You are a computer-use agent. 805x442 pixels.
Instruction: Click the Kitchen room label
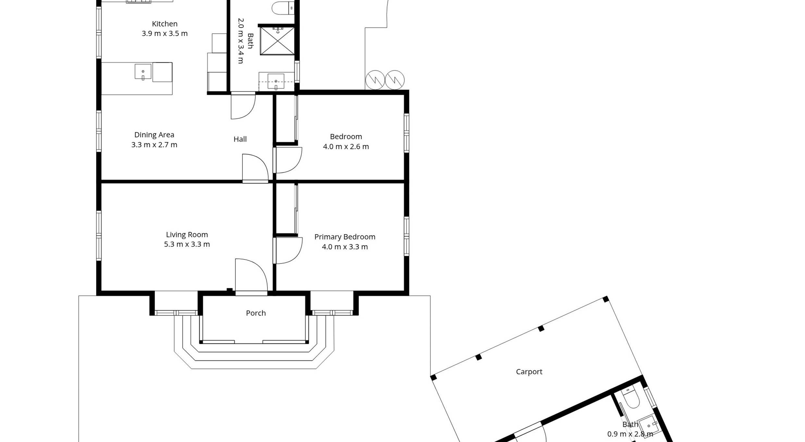coord(165,24)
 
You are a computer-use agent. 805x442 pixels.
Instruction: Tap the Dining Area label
coord(154,135)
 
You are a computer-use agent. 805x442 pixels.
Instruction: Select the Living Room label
coord(187,234)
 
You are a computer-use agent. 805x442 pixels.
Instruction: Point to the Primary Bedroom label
coord(345,237)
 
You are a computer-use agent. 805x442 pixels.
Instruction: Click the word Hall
coord(240,139)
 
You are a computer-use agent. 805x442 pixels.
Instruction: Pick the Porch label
coord(256,313)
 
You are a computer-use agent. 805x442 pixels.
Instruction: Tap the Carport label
coord(529,372)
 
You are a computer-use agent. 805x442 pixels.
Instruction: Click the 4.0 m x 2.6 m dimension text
coord(346,147)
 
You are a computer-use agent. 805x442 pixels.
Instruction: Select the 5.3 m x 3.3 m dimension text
coord(187,244)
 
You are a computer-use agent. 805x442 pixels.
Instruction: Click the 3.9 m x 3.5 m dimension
coord(165,33)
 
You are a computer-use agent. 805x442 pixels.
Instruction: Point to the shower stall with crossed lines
coord(277,41)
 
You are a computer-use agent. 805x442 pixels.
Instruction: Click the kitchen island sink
coord(143,72)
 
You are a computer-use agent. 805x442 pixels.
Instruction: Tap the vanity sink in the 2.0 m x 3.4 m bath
coord(276,81)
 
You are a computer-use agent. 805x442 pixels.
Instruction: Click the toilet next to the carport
coord(631,398)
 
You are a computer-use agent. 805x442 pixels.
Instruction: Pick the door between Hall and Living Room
coord(255,168)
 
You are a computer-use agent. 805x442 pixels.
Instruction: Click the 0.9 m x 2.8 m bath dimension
coord(630,434)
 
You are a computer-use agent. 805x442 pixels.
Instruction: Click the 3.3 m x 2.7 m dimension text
coord(154,145)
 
